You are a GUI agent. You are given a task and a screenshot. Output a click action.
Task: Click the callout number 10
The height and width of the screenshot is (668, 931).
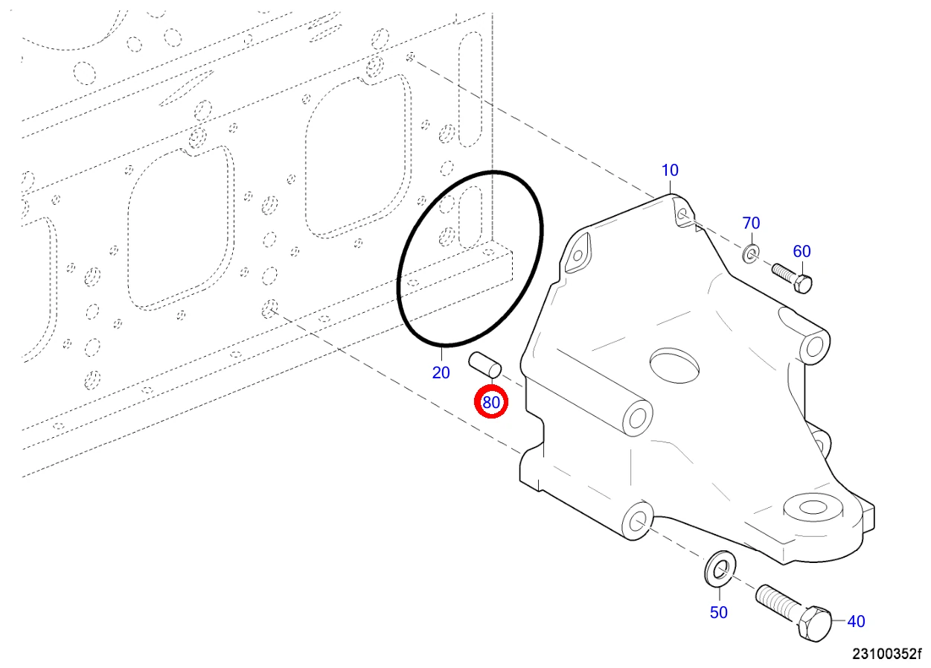pos(670,170)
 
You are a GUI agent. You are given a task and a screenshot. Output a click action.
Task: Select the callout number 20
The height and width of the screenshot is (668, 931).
pos(441,372)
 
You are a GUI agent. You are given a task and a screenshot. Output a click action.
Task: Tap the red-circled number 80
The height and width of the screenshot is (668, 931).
pos(491,403)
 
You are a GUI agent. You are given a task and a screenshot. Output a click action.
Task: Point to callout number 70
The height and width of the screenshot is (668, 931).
pos(751,223)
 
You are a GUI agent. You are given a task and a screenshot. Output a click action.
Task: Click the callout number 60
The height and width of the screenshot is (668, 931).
pos(802,251)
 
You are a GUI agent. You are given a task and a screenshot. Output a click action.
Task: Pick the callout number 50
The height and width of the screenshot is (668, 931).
pos(719,613)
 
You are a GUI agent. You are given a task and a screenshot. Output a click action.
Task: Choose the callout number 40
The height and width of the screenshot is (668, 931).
pos(856,621)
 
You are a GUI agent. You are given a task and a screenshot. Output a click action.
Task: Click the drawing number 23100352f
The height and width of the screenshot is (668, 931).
pos(887,655)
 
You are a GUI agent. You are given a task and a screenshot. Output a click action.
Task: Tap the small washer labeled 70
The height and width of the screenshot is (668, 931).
pos(751,254)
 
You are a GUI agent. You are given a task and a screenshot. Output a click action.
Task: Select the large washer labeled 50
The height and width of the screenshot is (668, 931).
pos(720,569)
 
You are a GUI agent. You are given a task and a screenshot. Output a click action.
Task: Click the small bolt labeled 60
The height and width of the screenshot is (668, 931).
pos(792,279)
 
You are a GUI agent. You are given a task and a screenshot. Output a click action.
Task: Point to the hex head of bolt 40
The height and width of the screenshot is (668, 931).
pos(814,623)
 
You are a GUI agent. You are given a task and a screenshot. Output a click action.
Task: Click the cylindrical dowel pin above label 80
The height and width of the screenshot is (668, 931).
pos(485,365)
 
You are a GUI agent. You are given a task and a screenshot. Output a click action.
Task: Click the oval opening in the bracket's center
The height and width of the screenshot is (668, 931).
pos(674,366)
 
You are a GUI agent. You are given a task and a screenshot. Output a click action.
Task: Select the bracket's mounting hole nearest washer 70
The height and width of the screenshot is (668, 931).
pos(682,214)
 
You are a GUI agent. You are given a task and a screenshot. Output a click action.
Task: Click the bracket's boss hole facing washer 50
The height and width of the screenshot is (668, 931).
pos(636,521)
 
